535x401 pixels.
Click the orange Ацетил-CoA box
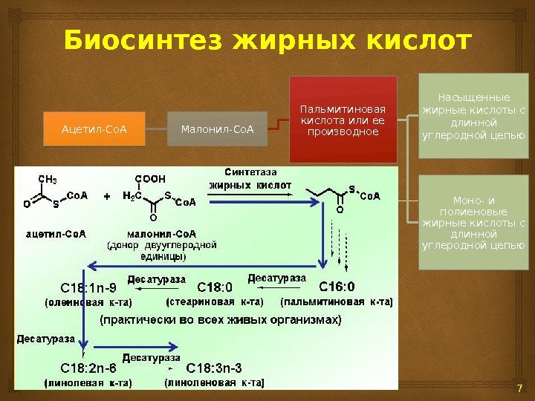94,131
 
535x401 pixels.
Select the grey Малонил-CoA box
218,131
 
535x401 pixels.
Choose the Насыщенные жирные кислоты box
472,116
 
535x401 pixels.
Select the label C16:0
337,287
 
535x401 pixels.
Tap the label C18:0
215,287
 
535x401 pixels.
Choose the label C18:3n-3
214,368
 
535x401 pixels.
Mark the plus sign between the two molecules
106,198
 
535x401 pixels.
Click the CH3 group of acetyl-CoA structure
47,179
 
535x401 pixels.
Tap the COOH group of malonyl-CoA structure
149,179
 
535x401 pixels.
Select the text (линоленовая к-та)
214,383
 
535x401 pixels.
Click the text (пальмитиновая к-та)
337,301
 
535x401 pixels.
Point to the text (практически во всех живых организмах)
221,321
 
